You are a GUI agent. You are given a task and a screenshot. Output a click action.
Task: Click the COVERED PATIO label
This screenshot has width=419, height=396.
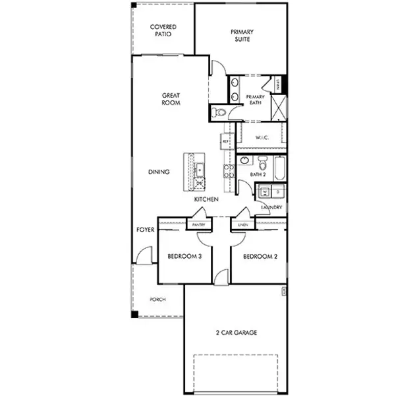tap(163, 30)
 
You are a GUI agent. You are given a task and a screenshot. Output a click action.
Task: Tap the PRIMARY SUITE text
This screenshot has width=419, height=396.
tap(242, 35)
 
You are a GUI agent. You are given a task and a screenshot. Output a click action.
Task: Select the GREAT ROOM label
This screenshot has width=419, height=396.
tap(171, 99)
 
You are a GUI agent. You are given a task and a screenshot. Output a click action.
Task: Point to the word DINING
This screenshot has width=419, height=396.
tap(159, 172)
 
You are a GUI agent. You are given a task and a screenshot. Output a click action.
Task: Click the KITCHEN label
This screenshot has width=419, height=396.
tap(206, 199)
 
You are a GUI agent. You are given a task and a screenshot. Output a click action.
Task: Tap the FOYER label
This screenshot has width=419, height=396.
tap(145, 230)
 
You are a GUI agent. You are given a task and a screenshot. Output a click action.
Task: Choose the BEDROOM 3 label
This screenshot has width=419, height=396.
tap(184, 256)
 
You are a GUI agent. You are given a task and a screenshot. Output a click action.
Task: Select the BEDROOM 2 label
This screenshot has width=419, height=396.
tap(259, 256)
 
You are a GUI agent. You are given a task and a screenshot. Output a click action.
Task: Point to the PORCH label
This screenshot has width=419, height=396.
tap(157, 299)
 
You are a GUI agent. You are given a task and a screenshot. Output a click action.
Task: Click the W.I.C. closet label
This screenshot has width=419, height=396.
tap(262, 137)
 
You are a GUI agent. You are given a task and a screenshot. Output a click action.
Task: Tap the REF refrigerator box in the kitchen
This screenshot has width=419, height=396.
tap(225, 141)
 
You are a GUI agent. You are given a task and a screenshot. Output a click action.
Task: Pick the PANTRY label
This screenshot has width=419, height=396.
tap(198, 224)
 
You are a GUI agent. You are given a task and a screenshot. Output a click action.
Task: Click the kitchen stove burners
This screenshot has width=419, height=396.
tap(228, 171)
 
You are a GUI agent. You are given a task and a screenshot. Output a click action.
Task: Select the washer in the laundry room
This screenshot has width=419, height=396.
tap(264, 193)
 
